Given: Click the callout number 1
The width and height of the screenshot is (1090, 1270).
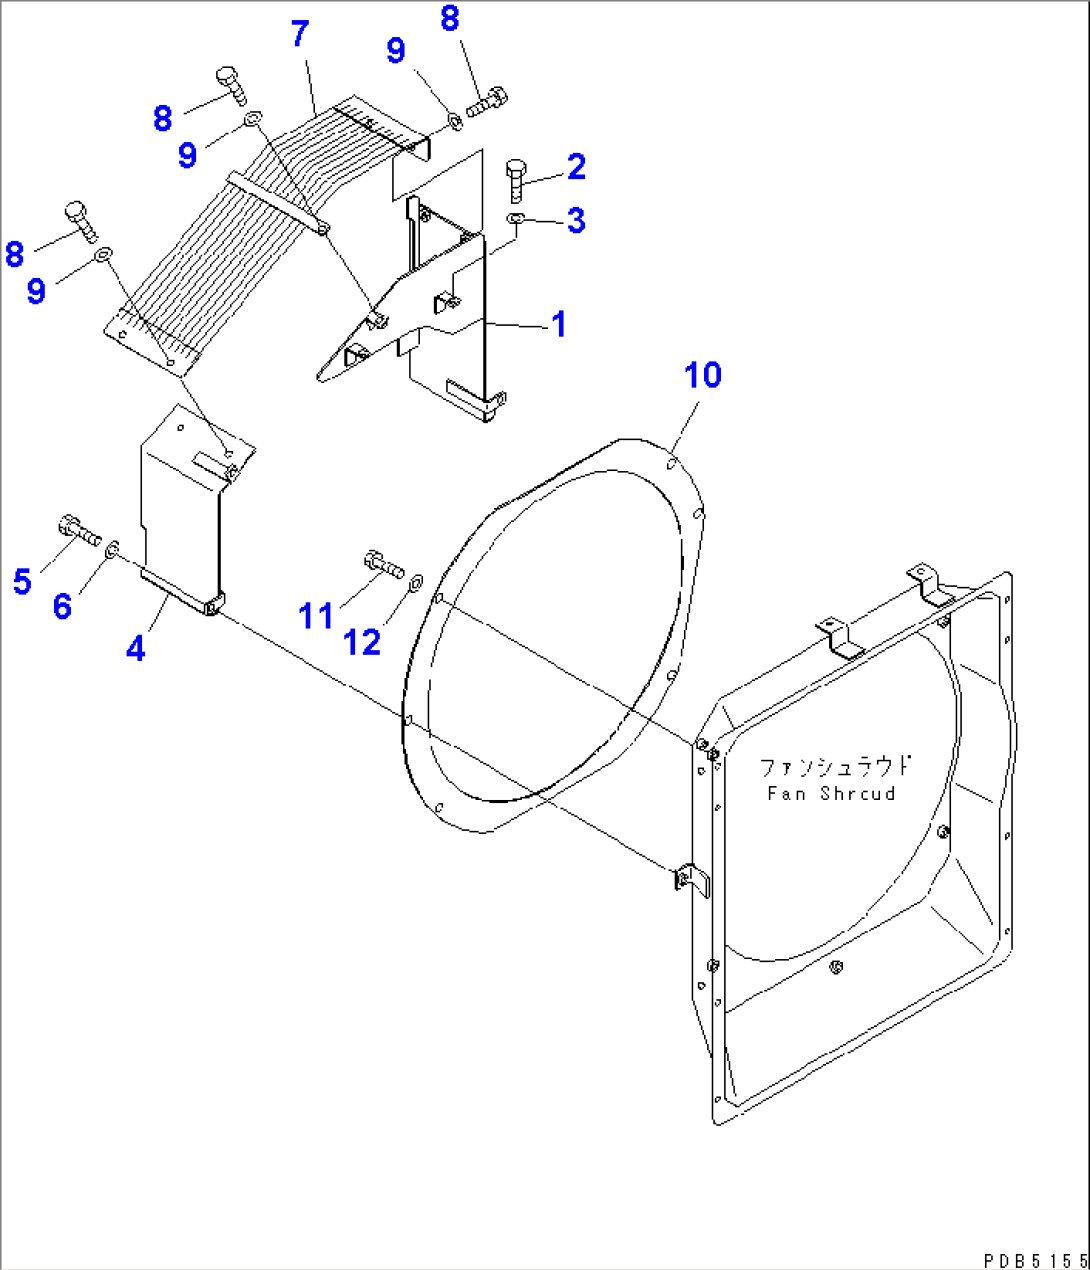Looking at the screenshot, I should coord(559,324).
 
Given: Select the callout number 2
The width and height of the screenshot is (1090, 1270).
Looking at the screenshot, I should coord(576,167).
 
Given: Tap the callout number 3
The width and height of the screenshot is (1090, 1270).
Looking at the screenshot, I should coord(576,220).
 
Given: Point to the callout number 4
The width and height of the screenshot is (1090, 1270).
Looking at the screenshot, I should coord(136,648).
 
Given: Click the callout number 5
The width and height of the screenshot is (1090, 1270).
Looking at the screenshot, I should coord(22,581).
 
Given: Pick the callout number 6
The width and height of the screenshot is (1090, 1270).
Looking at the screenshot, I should coord(62,605).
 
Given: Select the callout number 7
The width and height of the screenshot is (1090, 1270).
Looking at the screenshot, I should coord(300,34).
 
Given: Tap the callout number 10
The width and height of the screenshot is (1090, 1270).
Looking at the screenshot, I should coord(702,375).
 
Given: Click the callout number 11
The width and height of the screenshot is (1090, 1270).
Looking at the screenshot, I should coord(316,616).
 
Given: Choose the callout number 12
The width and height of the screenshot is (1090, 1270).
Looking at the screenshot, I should coord(362,642).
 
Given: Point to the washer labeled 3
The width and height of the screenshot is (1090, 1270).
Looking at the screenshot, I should coord(514,218).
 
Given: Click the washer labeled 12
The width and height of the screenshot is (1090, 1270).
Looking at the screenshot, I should coord(416,579).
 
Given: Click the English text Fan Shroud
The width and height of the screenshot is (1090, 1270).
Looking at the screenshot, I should coord(831,793).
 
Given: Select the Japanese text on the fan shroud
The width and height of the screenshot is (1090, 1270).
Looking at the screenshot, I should coord(835,767).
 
